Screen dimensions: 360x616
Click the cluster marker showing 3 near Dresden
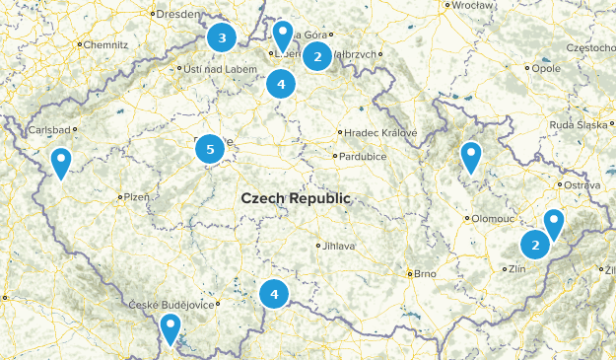click(222, 38)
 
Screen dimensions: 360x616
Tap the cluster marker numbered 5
click(209, 150)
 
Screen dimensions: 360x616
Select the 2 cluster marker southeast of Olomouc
click(535, 245)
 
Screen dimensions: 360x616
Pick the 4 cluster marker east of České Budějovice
click(274, 294)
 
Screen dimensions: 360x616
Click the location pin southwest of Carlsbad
click(61, 162)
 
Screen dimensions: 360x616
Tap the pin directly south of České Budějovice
click(171, 327)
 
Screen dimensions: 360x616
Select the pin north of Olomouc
click(471, 156)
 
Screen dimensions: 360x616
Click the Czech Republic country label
click(295, 198)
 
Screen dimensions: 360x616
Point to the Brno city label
click(425, 273)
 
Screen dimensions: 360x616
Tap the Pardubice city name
click(362, 156)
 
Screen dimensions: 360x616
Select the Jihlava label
click(336, 246)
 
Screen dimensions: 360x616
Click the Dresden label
click(178, 15)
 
